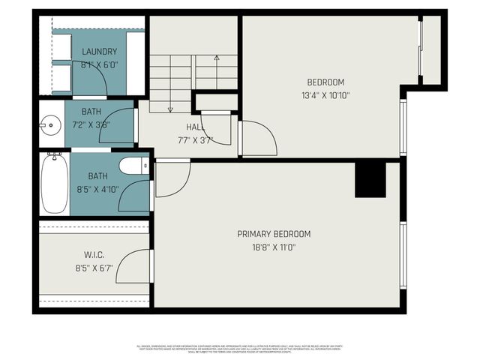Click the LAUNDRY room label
coord(99,52)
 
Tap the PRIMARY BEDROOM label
coord(274,234)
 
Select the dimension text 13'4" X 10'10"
coord(325,95)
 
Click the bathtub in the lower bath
coord(55,184)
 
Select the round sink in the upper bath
coord(51,124)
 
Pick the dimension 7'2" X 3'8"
coord(91,124)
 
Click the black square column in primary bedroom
coord(370,180)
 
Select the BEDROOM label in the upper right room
coord(325,82)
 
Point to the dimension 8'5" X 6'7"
coord(93,267)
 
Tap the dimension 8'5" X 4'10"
coord(97,190)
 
